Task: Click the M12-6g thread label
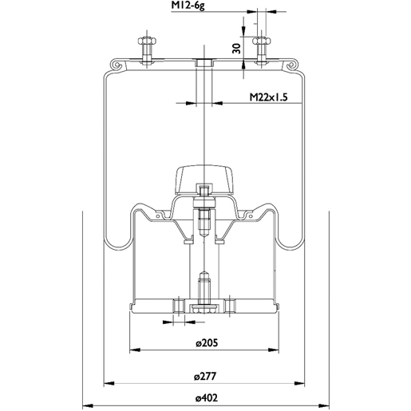188,6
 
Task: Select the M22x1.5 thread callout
269,97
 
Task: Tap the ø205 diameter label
207,343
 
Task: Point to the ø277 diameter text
205,377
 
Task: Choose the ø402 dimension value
206,398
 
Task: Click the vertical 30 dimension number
236,48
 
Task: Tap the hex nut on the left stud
147,41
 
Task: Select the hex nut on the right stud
262,41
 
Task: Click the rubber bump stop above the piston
204,179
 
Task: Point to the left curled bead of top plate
117,65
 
